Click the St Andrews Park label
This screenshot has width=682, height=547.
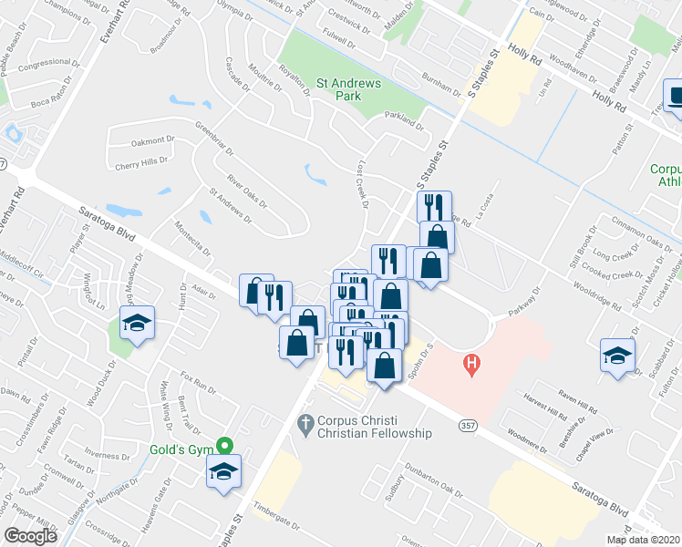click(x=349, y=88)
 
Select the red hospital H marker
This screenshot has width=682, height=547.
click(x=471, y=366)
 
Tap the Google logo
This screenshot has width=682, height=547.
click(x=31, y=536)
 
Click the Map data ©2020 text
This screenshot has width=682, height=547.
click(x=643, y=540)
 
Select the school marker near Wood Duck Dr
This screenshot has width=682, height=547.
click(x=138, y=324)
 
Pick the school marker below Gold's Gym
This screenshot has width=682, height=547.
click(x=222, y=471)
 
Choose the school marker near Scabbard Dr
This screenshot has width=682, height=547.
click(x=617, y=355)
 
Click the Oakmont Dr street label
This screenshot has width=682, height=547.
click(x=151, y=140)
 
